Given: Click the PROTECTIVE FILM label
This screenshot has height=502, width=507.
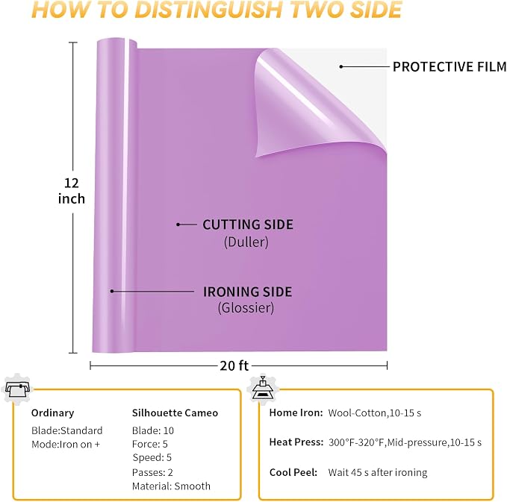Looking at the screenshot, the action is click(450, 67).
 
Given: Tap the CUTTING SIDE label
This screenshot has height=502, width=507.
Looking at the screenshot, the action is click(248, 225).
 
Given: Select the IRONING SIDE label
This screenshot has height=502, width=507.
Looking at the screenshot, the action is click(248, 292).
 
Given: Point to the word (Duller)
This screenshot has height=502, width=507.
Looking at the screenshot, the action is click(246, 242).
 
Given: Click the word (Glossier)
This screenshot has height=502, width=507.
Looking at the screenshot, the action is click(246, 307).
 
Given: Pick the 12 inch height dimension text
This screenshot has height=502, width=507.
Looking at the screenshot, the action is click(72, 191).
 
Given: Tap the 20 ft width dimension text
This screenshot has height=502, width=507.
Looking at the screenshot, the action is click(234, 365).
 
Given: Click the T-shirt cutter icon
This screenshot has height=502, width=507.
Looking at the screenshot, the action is click(18, 389).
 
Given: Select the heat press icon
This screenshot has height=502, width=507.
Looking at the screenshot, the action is click(263, 389).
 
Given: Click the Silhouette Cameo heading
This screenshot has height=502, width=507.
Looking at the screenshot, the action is click(175, 412).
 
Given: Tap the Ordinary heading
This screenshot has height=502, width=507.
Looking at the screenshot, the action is click(53, 412).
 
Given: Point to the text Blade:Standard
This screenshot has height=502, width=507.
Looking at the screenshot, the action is click(67, 430).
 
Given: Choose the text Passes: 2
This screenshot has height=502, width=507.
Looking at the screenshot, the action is click(152, 472).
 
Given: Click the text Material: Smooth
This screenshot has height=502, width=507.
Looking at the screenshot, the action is click(172, 486).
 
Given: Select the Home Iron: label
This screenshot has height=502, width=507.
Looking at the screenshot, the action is click(296, 412).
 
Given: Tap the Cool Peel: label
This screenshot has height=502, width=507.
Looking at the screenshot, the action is click(293, 472).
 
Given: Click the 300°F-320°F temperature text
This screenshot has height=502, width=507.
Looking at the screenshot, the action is click(357, 442).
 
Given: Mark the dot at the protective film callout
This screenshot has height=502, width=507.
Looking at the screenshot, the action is click(341, 67).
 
